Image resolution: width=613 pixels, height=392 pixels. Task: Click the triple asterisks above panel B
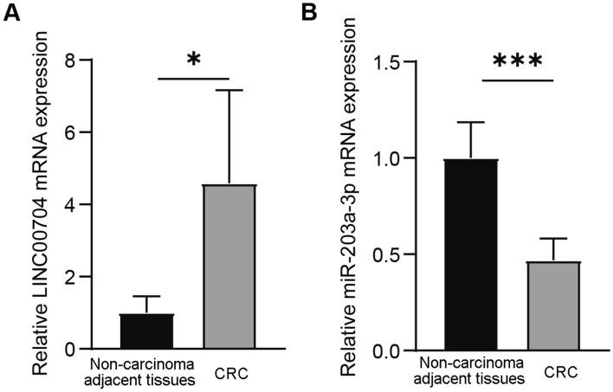click(517, 62)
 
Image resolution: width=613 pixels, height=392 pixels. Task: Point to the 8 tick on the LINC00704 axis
click(58, 61)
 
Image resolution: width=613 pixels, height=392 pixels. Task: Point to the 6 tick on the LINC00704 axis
click(58, 132)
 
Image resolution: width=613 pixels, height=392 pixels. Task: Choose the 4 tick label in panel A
click(58, 205)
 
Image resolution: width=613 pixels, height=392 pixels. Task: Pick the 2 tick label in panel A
click(58, 277)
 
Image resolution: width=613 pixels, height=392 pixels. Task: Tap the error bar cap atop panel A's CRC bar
click(230, 90)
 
